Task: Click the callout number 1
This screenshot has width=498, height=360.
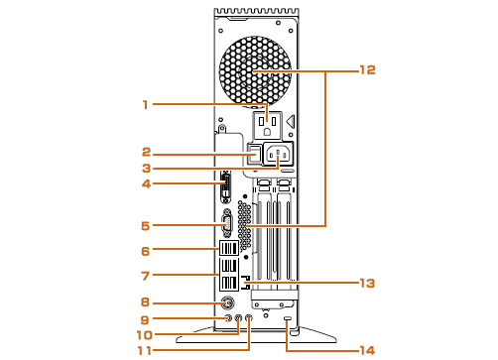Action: click(x=145, y=105)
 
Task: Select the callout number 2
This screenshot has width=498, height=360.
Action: click(x=146, y=152)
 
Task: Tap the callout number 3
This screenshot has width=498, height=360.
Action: click(x=146, y=169)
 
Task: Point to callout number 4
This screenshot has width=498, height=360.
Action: click(x=146, y=183)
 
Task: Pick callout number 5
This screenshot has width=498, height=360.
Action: click(x=146, y=226)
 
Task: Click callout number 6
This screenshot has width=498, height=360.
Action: click(x=146, y=251)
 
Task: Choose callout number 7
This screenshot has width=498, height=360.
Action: click(x=146, y=276)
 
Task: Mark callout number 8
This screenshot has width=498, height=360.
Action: click(x=146, y=301)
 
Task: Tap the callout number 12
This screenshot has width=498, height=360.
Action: click(x=368, y=69)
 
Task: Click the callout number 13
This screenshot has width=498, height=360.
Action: click(x=368, y=283)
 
